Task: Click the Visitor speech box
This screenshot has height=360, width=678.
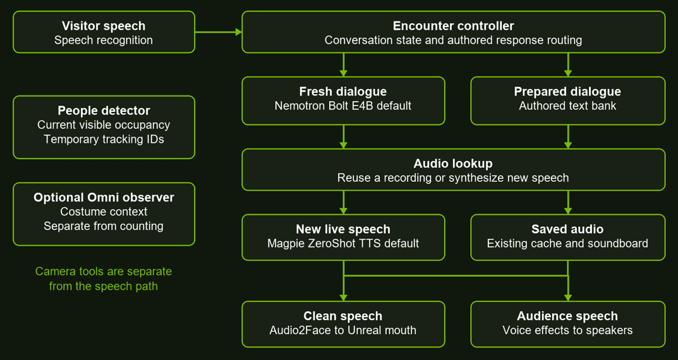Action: click(104, 32)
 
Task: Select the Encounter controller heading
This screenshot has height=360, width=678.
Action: click(453, 26)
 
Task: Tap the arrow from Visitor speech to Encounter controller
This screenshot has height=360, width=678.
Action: click(219, 32)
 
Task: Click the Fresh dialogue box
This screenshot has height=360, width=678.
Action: click(343, 100)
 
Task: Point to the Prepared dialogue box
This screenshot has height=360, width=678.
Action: click(568, 100)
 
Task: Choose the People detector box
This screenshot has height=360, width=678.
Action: click(104, 127)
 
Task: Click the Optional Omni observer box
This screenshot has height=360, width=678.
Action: click(104, 214)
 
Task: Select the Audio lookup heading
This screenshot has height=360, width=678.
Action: click(453, 164)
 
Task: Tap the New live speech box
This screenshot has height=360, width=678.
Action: click(343, 237)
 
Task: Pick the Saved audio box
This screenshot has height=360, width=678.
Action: click(568, 237)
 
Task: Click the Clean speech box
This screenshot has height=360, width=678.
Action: click(343, 324)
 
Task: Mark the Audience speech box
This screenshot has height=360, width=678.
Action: click(568, 324)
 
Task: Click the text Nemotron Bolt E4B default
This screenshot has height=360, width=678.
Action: click(343, 106)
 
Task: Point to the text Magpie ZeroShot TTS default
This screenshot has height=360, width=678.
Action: click(343, 243)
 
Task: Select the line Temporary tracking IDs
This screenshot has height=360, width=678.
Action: click(104, 140)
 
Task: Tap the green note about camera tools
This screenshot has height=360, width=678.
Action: click(104, 279)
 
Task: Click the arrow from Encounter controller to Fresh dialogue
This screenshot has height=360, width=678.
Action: click(343, 65)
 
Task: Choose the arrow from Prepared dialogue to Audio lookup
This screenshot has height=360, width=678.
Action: click(568, 136)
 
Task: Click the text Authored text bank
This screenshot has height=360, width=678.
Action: click(568, 106)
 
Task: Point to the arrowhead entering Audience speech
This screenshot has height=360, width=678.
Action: click(568, 297)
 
